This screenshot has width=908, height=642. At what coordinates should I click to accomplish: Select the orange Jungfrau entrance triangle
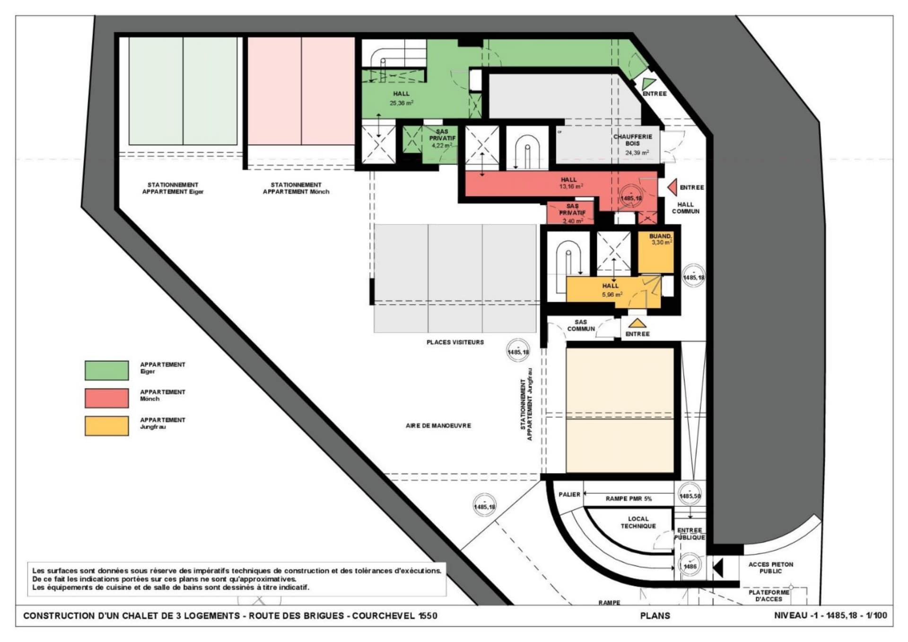pos(637,323)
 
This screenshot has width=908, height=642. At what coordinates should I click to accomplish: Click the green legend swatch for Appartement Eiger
pos(106,370)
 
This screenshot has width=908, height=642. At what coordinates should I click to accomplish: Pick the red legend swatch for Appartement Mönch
pos(106,398)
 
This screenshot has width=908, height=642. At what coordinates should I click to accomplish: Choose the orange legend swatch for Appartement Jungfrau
pos(106,425)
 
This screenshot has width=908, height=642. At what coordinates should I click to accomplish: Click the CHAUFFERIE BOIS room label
pos(633,140)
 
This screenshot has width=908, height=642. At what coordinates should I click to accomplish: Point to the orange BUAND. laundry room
pos(656,252)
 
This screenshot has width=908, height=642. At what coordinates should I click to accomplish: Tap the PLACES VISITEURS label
pos(455,342)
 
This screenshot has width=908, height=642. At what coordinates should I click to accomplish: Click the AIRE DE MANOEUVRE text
pos(438,425)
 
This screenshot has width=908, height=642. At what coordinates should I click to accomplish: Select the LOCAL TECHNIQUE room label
pos(638,522)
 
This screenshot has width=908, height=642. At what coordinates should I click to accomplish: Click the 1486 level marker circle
pos(690,566)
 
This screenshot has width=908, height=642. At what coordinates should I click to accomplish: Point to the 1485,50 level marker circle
pos(690,495)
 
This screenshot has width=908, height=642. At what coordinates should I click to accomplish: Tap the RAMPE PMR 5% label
pos(629,499)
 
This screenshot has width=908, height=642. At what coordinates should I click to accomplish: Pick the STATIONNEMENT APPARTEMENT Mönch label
pos(296,188)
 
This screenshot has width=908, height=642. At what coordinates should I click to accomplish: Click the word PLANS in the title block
pos(655,616)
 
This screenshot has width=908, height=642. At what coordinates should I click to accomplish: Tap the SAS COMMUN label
pos(581,325)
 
